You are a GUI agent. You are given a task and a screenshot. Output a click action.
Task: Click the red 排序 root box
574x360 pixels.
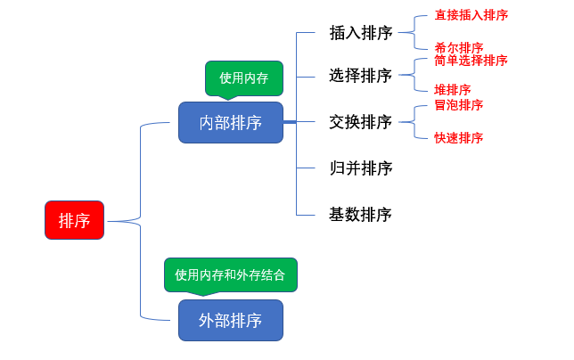[x=74, y=220]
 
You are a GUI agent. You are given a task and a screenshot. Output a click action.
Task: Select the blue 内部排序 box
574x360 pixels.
[x=230, y=122]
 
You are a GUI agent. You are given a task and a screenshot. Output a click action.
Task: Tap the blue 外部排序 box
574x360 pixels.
[x=230, y=320]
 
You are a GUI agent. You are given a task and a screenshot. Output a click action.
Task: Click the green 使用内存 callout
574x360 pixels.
[x=244, y=78]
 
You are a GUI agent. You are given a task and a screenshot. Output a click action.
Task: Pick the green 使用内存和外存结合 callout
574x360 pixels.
[x=230, y=274]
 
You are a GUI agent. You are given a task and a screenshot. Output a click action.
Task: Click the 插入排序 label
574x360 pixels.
[x=360, y=33]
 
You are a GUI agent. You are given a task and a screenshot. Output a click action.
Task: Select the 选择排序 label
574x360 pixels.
[x=360, y=76]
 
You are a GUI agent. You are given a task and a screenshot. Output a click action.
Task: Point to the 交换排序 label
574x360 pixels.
[x=360, y=122]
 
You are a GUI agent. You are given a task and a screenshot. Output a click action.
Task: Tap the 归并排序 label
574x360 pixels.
[x=360, y=168]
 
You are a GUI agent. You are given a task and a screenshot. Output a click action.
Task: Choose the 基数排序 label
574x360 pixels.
[x=360, y=215]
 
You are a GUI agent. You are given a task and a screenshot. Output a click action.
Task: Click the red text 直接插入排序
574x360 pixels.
[x=471, y=15]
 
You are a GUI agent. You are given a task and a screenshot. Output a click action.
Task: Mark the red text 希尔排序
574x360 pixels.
[x=459, y=47]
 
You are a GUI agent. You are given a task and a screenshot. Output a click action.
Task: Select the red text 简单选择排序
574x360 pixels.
[x=471, y=61]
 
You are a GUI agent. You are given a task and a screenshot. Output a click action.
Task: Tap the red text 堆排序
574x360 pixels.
[x=453, y=90]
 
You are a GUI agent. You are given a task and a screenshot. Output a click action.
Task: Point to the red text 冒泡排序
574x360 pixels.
[x=459, y=105]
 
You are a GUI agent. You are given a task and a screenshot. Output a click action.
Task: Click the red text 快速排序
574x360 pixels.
[x=459, y=137]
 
